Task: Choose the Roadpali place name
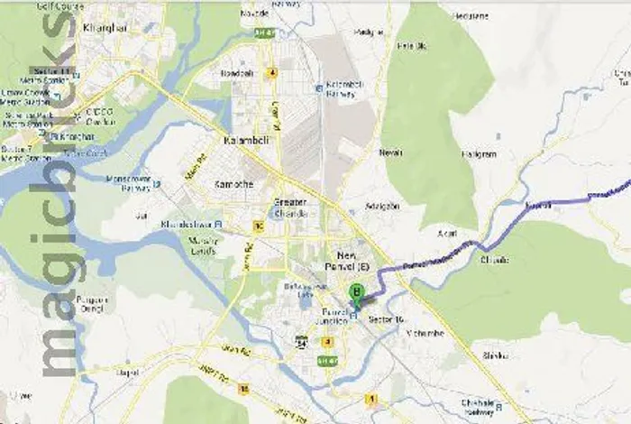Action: click(x=237, y=74)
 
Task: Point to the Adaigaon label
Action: click(x=382, y=207)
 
